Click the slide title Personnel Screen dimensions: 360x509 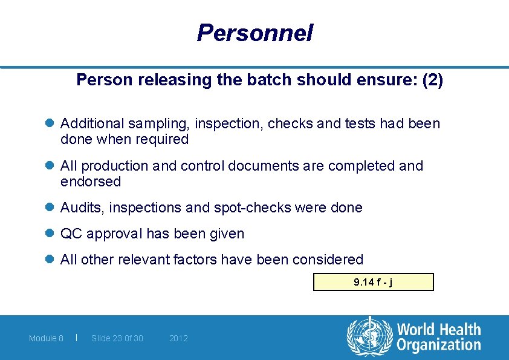(x=254, y=33)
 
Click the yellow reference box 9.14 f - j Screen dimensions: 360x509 (x=373, y=282)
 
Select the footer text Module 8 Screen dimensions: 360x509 (x=46, y=338)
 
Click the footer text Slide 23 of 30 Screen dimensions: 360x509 (x=117, y=338)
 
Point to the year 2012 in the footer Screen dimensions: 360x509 (x=178, y=338)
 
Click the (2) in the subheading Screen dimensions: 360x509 (x=432, y=80)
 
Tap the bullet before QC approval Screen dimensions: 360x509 (x=50, y=234)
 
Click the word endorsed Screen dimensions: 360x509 (x=91, y=182)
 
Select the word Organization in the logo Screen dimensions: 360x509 (x=438, y=345)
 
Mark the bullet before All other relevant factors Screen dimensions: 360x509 (x=50, y=260)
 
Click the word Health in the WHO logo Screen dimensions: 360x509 (x=459, y=330)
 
